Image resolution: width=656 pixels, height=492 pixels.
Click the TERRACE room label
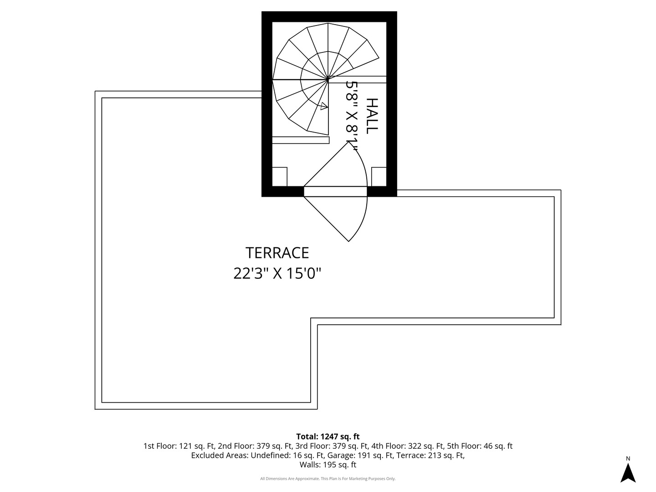pyautogui.click(x=277, y=253)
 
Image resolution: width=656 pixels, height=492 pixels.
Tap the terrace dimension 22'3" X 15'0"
pyautogui.click(x=277, y=273)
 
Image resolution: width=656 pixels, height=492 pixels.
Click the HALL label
pyautogui.click(x=372, y=116)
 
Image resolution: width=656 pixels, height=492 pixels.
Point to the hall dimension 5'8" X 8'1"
pyautogui.click(x=351, y=116)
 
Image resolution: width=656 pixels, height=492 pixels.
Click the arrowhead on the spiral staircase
pyautogui.click(x=324, y=106)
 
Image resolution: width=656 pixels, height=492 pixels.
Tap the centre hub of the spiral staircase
pyautogui.click(x=328, y=79)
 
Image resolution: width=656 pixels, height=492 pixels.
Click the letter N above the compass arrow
pyautogui.click(x=628, y=459)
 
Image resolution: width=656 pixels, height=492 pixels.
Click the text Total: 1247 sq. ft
pyautogui.click(x=328, y=436)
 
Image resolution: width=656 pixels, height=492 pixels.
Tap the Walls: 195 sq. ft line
pyautogui.click(x=328, y=465)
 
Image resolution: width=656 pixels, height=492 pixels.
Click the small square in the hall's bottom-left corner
pyautogui.click(x=280, y=177)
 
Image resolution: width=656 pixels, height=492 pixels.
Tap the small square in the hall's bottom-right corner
pyautogui.click(x=379, y=177)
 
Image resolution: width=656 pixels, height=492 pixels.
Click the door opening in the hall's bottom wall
pyautogui.click(x=335, y=191)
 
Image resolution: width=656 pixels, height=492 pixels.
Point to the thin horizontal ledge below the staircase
pyautogui.click(x=301, y=140)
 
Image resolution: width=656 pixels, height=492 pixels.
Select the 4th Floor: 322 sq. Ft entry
pyautogui.click(x=408, y=446)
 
